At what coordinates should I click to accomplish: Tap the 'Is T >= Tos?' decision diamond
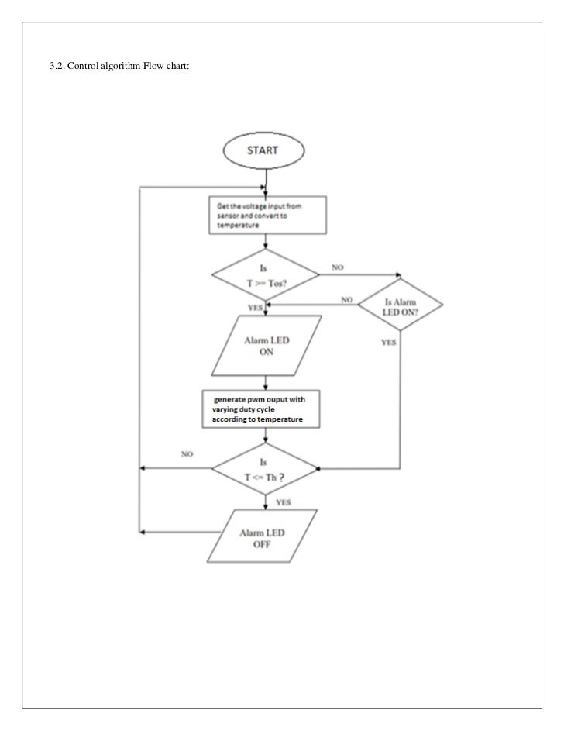pos(266,275)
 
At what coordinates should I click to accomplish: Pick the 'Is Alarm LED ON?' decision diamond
pos(400,305)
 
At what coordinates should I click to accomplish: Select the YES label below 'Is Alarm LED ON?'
pos(390,342)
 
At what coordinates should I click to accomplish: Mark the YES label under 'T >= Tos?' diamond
pos(254,308)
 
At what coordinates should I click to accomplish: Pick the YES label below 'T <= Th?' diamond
pos(284,502)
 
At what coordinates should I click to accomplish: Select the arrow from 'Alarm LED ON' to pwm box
pos(266,381)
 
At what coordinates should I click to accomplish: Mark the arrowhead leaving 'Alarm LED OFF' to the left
pos(142,533)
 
